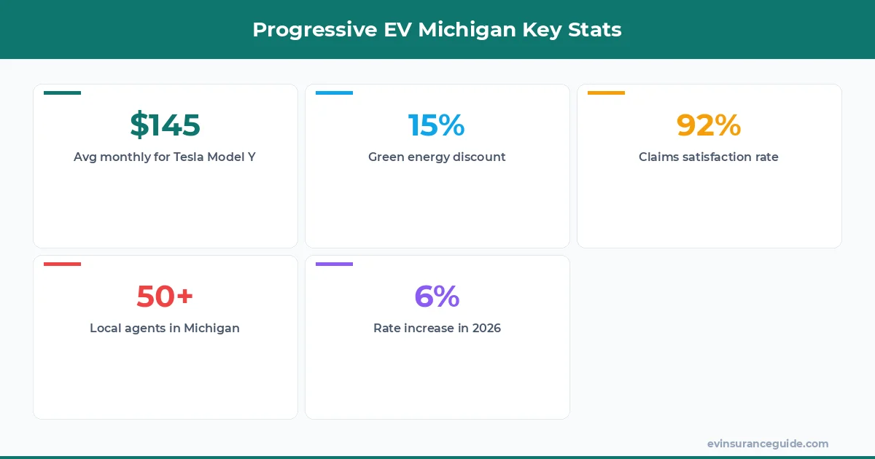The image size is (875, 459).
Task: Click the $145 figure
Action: tap(165, 125)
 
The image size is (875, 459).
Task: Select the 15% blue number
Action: tap(436, 125)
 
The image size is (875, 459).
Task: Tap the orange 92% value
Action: tap(708, 125)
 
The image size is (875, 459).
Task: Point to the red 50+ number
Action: tap(165, 297)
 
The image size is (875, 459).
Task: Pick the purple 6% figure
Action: tap(437, 297)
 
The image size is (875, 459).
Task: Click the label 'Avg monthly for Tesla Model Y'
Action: tap(165, 157)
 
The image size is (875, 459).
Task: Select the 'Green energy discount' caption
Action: tap(437, 157)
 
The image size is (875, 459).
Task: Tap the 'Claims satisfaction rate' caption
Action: tap(709, 157)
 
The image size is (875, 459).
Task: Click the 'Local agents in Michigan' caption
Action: tap(165, 328)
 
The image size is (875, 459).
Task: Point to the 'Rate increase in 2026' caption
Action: tap(437, 328)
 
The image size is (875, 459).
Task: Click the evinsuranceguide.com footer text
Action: tap(767, 444)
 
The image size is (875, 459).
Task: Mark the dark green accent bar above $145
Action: tap(62, 93)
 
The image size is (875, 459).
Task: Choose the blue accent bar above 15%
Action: tap(334, 93)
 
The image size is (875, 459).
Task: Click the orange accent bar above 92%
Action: tap(606, 93)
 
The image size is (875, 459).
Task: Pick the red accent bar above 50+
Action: tap(62, 264)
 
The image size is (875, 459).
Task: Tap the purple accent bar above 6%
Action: tap(334, 264)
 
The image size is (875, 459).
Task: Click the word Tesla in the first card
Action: tap(189, 157)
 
